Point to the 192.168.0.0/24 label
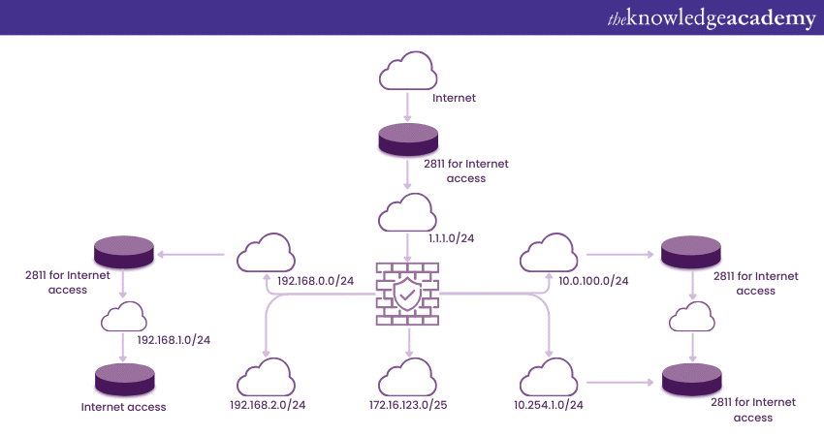[316, 281]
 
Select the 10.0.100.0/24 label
[594, 281]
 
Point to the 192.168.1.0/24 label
[174, 339]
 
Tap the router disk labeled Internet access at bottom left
[124, 377]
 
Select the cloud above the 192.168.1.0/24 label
[124, 316]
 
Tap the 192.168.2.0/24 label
[269, 405]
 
